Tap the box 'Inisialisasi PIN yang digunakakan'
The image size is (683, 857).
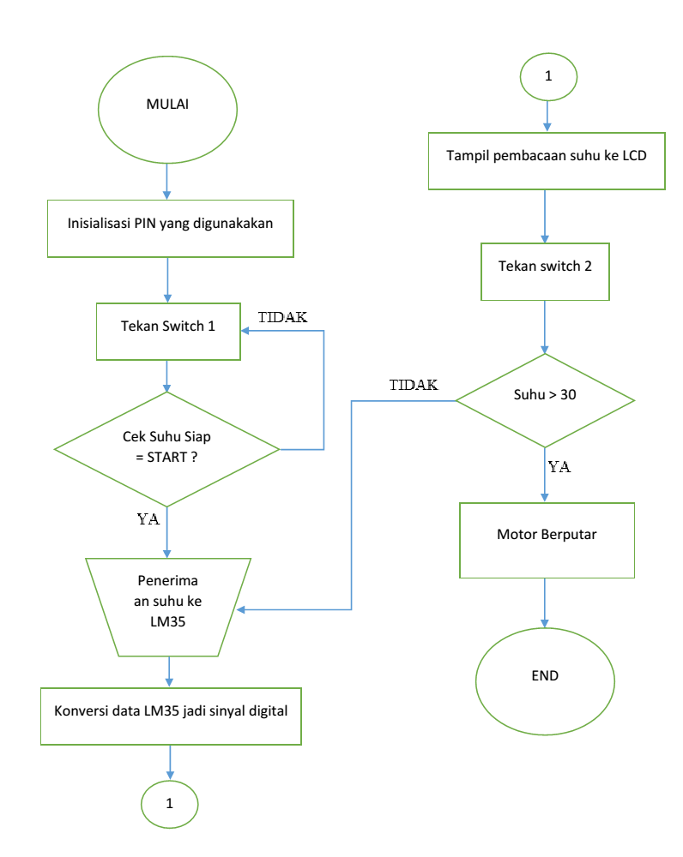point(170,228)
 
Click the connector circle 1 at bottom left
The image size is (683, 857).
point(169,804)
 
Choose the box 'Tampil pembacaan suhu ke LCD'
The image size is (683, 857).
point(547,160)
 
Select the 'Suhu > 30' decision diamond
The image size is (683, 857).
point(545,400)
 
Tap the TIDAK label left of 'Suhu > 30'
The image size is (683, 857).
point(413,385)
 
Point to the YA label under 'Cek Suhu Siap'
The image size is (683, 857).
point(148,519)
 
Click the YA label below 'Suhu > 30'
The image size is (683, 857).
point(559,468)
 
